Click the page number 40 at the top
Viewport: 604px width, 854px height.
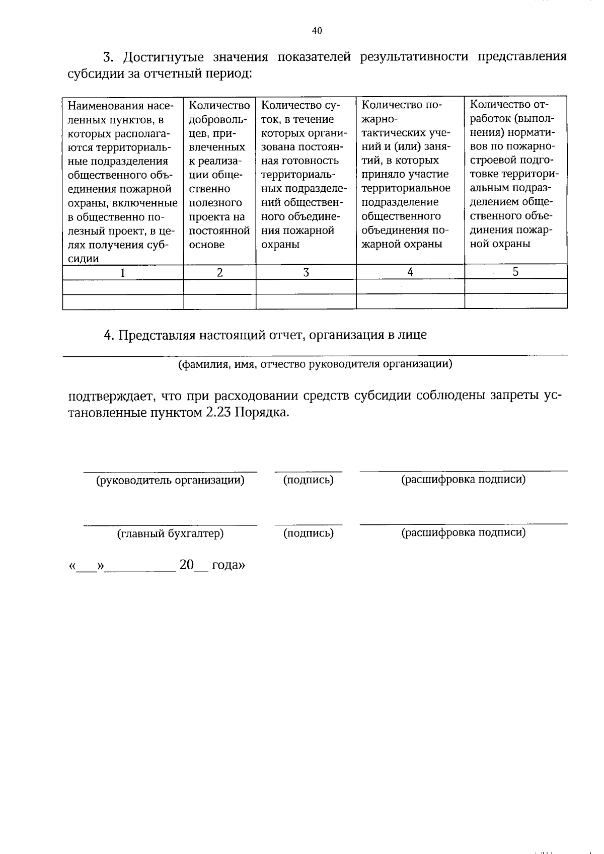coord(317,31)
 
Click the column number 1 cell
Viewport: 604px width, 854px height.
coord(122,272)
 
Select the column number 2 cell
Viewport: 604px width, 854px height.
coord(219,272)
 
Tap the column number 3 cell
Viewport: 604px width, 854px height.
coord(306,272)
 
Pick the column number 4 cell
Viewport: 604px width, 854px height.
coord(410,272)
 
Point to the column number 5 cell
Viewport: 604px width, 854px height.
coord(515,272)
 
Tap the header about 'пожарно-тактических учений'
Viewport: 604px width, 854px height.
coord(410,174)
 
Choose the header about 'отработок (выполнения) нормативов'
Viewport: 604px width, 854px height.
coord(515,174)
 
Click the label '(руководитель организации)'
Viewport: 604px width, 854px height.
coord(170,480)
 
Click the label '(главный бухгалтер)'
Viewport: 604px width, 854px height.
coord(170,533)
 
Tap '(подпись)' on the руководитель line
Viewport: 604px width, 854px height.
coord(308,480)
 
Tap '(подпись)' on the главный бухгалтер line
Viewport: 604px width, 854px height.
coord(308,533)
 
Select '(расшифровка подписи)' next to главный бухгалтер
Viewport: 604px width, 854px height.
coord(463,532)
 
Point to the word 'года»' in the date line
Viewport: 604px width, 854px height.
coord(228,565)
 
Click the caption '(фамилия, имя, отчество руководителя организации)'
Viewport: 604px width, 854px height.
coord(315,364)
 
